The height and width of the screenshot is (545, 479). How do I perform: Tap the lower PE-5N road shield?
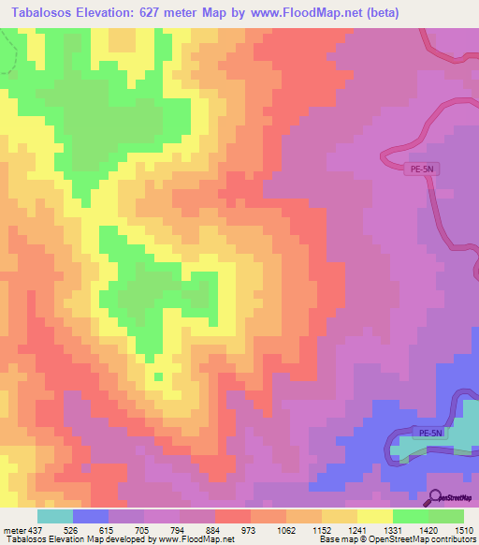point(430,433)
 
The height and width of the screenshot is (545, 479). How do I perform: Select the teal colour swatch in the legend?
point(55,516)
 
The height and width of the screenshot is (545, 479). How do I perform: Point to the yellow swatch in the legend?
point(375,516)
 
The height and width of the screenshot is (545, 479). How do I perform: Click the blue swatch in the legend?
point(91,516)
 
